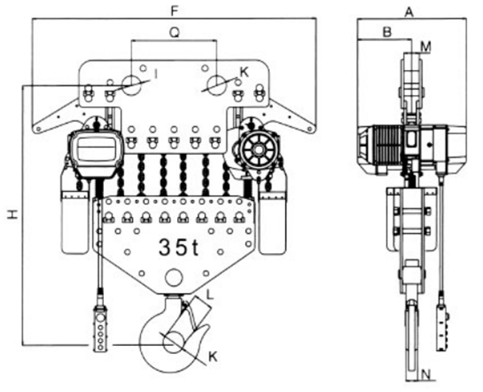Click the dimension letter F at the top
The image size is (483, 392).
tap(175, 11)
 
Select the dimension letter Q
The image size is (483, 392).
tap(175, 32)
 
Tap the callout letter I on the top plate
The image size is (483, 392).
tap(156, 74)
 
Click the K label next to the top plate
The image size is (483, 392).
tap(244, 72)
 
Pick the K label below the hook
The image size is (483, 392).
tap(213, 357)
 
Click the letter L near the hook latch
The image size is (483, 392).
tap(209, 294)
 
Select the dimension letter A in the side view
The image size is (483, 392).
tap(409, 12)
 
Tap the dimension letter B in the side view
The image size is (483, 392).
tap(387, 32)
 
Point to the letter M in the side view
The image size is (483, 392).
tap(426, 47)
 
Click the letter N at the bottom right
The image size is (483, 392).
tap(425, 375)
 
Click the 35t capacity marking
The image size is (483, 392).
tap(179, 247)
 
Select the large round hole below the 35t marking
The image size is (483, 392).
tap(174, 277)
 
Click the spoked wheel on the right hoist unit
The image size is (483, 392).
tap(258, 151)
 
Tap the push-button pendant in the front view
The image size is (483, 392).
tap(101, 329)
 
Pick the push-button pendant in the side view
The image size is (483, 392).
tap(442, 327)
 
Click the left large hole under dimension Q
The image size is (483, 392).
tap(131, 84)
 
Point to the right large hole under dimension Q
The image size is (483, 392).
tap(217, 84)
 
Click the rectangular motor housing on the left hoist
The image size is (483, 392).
tap(96, 152)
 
